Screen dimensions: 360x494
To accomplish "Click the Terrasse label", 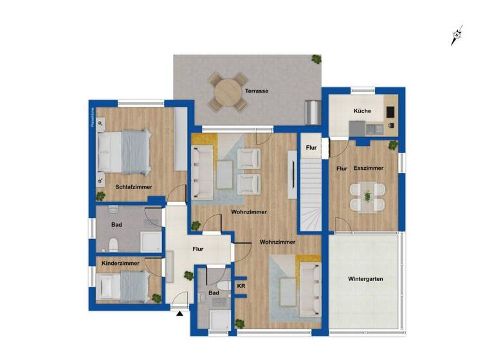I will click(256, 91).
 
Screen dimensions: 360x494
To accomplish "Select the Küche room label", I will click(362, 111).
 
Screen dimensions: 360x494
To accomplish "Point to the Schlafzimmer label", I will click(134, 187).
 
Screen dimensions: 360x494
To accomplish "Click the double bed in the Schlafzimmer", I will click(125, 152).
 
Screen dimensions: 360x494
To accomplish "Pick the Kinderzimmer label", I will click(121, 264).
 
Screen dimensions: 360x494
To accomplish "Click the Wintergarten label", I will click(365, 280).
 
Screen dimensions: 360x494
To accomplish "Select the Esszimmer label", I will click(369, 168).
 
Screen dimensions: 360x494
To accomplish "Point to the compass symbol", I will click(457, 35).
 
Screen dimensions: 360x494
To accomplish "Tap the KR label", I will click(241, 285).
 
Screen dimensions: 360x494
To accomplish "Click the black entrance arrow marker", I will click(179, 314).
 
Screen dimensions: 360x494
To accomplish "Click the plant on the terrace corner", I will click(316, 60).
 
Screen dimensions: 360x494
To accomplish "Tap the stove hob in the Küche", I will click(390, 112).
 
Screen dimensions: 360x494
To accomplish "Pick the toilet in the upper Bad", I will click(113, 243).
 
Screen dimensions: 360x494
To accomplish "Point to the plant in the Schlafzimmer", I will click(101, 196).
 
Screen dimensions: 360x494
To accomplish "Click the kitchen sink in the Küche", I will click(376, 128).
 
